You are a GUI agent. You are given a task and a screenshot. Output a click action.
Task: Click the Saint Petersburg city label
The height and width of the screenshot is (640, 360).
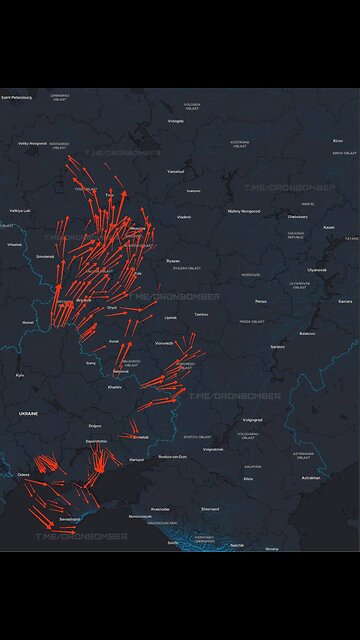(x=16, y=98)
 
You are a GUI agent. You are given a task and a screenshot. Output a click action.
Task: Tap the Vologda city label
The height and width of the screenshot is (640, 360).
(x=176, y=121)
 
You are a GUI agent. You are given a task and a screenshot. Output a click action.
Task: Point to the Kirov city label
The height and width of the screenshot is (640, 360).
(x=337, y=141)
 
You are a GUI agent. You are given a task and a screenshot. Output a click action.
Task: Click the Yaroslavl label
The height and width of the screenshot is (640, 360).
(x=176, y=171)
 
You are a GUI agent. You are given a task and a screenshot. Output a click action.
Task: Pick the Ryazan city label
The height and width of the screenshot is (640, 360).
(x=173, y=260)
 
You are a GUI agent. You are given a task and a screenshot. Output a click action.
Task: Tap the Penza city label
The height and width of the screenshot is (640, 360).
(x=260, y=301)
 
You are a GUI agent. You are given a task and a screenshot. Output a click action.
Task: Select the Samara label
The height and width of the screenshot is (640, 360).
(x=345, y=300)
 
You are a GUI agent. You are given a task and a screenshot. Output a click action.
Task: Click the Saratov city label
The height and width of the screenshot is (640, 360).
(x=277, y=346)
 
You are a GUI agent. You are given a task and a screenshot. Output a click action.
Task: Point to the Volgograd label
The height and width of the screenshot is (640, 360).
(x=252, y=420)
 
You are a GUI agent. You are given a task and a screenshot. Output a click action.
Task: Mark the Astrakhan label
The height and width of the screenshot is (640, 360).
(x=310, y=477)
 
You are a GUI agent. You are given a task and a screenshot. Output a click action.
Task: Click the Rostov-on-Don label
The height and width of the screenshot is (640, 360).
(x=175, y=457)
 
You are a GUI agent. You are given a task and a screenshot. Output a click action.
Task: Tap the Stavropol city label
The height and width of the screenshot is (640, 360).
(x=209, y=508)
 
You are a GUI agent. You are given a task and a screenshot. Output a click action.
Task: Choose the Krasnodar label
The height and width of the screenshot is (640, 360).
(x=160, y=508)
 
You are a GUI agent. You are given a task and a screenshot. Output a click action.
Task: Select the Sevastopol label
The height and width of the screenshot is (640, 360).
(x=69, y=519)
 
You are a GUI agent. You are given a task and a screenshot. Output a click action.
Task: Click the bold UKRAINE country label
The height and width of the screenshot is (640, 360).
(x=27, y=412)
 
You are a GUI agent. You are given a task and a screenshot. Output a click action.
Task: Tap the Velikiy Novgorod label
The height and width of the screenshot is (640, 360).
(x=31, y=143)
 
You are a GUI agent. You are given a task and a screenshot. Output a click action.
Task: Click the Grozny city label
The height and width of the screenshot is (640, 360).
(x=272, y=548)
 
